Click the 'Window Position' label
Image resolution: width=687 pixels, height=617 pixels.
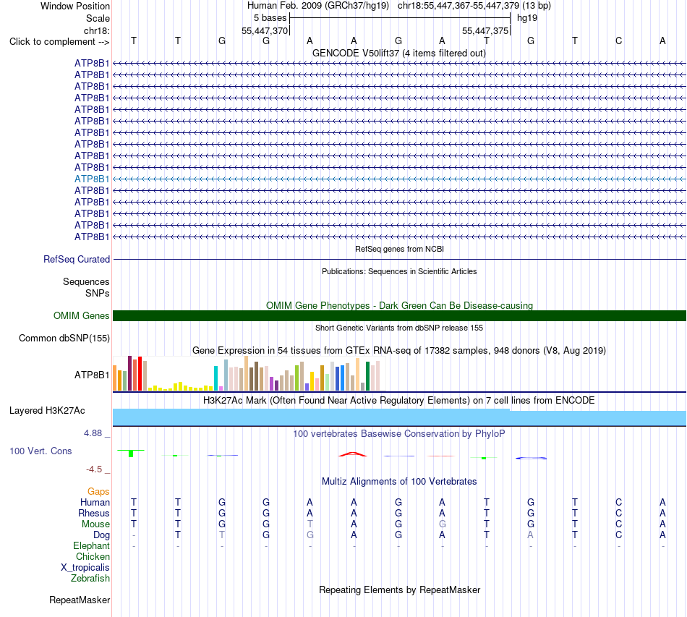75,6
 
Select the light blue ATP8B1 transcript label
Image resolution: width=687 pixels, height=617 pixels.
92,179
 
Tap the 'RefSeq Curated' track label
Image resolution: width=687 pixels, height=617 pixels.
77,260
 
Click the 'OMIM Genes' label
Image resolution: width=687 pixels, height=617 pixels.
81,315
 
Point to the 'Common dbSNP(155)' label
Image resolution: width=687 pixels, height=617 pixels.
64,339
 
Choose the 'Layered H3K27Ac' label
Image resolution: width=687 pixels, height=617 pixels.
47,411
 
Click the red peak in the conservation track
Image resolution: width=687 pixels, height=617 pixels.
353,454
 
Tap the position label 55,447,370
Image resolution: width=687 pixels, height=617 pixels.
265,30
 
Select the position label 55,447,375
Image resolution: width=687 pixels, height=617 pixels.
485,30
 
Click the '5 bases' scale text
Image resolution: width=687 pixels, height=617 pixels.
270,18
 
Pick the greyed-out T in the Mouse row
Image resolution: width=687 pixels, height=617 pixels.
310,524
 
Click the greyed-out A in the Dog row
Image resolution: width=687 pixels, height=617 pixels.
531,535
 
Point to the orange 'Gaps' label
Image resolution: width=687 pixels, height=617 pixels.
98,492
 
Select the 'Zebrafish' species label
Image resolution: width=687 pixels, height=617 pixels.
90,579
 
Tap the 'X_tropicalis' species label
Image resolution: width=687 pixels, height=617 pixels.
85,568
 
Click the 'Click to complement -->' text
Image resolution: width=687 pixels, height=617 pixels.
59,42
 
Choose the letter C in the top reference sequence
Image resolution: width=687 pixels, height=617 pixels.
618,41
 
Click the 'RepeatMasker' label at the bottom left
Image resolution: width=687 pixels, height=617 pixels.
80,600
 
